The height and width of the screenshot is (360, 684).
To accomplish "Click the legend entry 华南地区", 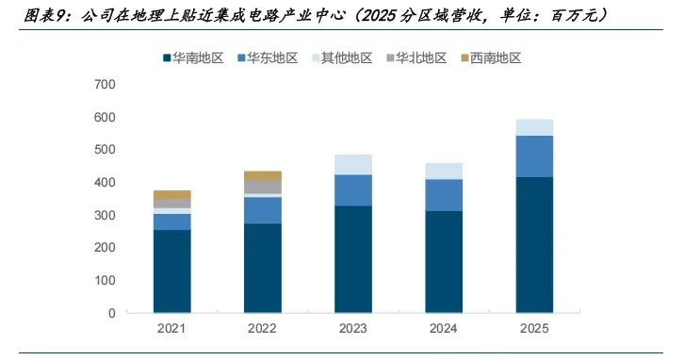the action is [193, 58].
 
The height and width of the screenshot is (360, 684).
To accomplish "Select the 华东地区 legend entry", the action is [268, 58].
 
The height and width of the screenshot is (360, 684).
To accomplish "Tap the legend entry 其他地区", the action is [342, 58].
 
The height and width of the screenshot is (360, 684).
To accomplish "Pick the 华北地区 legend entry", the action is [417, 58].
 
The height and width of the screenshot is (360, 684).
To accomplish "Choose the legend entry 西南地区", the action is [491, 58].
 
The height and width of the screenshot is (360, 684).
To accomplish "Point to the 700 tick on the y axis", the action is [105, 84].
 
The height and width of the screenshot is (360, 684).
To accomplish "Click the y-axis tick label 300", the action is [105, 215].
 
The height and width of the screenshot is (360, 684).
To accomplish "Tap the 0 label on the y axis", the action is [112, 313].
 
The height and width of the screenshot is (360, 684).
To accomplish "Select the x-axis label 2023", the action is [353, 328].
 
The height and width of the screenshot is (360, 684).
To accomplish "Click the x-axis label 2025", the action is [534, 328].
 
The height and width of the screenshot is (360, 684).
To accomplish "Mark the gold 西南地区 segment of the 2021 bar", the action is [171, 195].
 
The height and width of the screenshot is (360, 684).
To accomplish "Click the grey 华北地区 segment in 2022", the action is [263, 187].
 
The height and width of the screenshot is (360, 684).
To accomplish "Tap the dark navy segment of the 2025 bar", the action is [534, 245].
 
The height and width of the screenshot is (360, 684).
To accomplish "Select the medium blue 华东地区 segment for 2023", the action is [353, 190].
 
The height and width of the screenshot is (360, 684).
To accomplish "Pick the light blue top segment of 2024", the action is [444, 172].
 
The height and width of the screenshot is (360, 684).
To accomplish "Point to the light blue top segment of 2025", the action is [534, 127].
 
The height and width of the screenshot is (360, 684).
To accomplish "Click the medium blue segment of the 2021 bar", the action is [171, 221].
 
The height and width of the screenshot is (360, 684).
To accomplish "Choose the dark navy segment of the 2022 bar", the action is [263, 269].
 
